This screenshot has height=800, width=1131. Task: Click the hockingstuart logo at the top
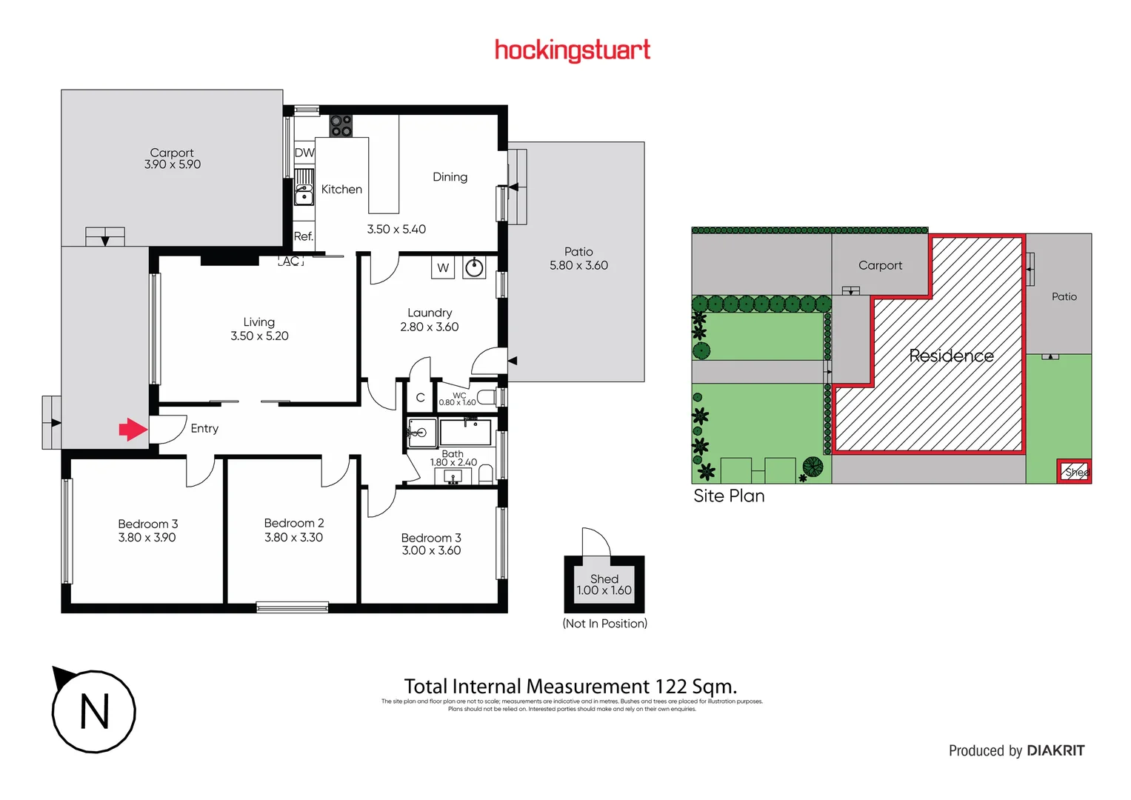(572, 50)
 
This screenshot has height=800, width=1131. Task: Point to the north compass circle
(94, 712)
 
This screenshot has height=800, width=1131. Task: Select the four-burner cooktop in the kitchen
(341, 126)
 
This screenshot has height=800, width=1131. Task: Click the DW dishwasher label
(304, 153)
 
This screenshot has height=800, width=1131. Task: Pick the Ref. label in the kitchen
(304, 236)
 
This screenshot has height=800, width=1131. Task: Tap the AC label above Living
(291, 261)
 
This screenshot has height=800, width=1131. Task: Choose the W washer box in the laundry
(443, 267)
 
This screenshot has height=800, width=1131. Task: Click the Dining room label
(450, 177)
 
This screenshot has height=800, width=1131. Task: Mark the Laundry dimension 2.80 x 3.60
(430, 327)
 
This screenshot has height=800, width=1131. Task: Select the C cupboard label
(420, 398)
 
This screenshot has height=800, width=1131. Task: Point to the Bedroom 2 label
(294, 523)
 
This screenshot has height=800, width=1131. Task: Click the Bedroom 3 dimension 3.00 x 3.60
(431, 550)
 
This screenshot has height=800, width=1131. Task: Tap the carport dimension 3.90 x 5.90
(173, 164)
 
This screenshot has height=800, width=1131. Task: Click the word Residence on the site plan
(951, 356)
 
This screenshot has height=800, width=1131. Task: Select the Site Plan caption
(729, 496)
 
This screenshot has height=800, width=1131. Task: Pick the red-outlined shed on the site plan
(1074, 471)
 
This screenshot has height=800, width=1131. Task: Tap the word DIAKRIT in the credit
(1055, 750)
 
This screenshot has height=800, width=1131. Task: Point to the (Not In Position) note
(604, 624)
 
